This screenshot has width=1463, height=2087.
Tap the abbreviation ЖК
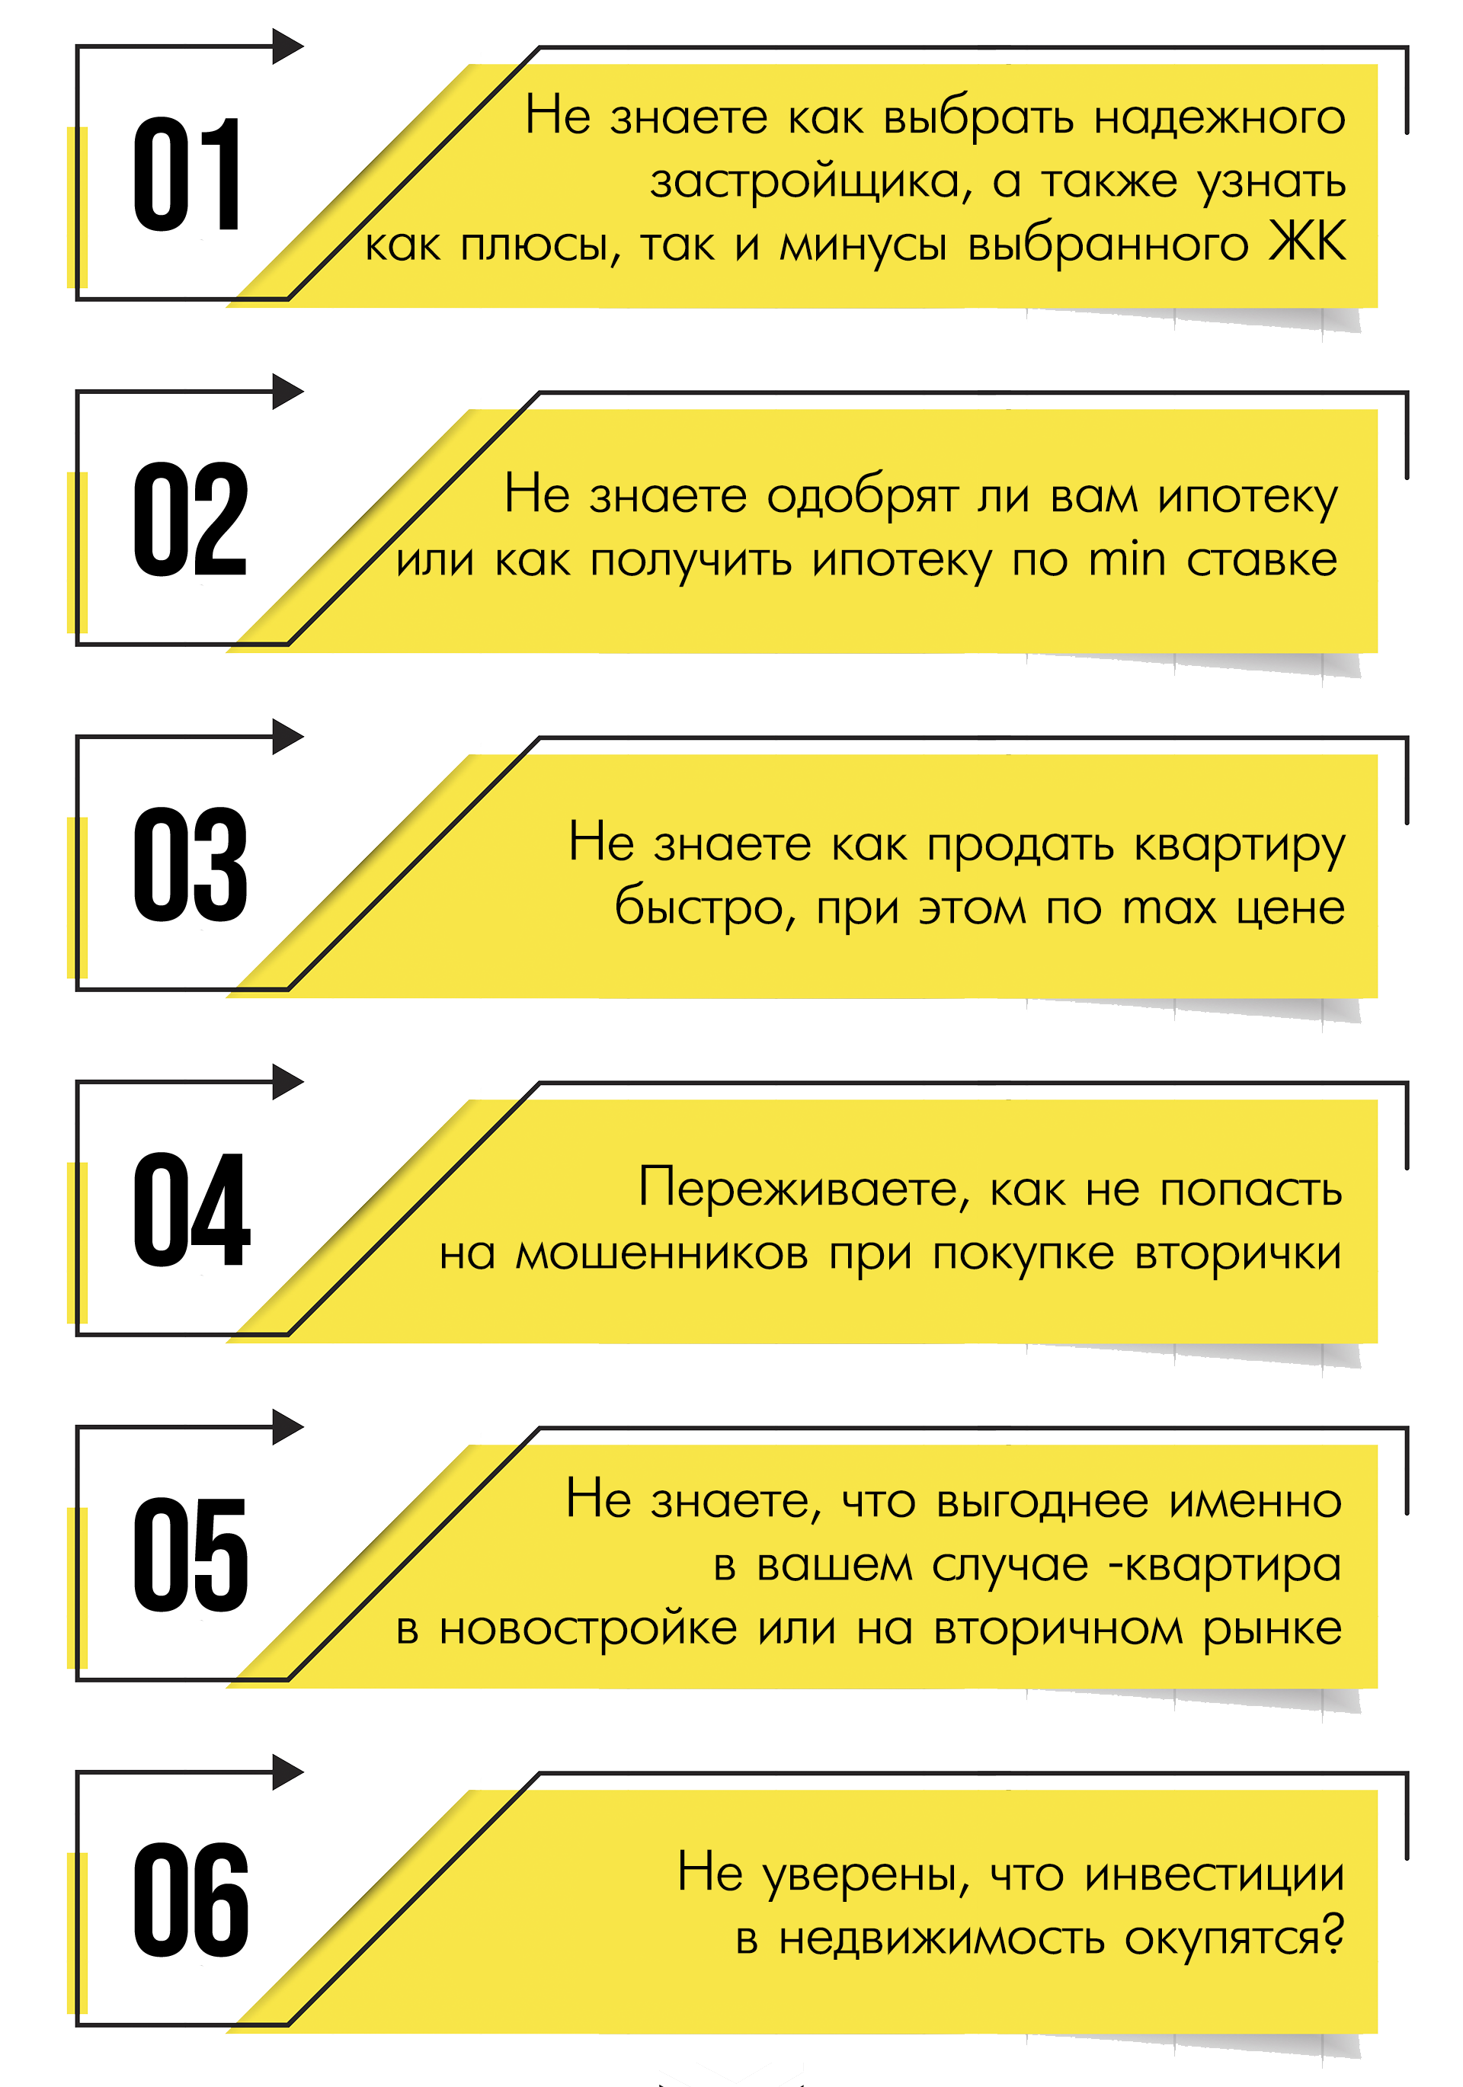click(1308, 243)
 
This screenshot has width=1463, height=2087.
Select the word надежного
click(1218, 118)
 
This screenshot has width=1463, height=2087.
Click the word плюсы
click(540, 245)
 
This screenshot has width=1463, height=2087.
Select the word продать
click(1020, 845)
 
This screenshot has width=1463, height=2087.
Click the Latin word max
click(1168, 908)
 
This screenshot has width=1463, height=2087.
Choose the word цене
click(1290, 908)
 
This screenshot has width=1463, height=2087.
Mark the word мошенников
click(661, 1254)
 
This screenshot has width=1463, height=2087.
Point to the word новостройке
click(587, 1629)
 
